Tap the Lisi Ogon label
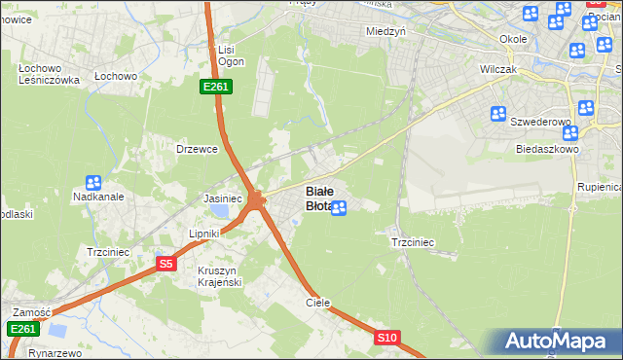pyautogui.click(x=228, y=55)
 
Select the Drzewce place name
pyautogui.click(x=195, y=149)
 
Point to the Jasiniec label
pyautogui.click(x=222, y=198)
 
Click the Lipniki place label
pyautogui.click(x=205, y=234)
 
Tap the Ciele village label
pyautogui.click(x=318, y=303)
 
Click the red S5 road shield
pyautogui.click(x=165, y=264)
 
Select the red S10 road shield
pyautogui.click(x=387, y=338)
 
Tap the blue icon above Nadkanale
pyautogui.click(x=93, y=182)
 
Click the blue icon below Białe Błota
pyautogui.click(x=339, y=207)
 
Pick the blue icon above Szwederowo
pyautogui.click(x=498, y=114)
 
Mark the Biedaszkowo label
pyautogui.click(x=548, y=150)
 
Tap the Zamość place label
pyautogui.click(x=31, y=311)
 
